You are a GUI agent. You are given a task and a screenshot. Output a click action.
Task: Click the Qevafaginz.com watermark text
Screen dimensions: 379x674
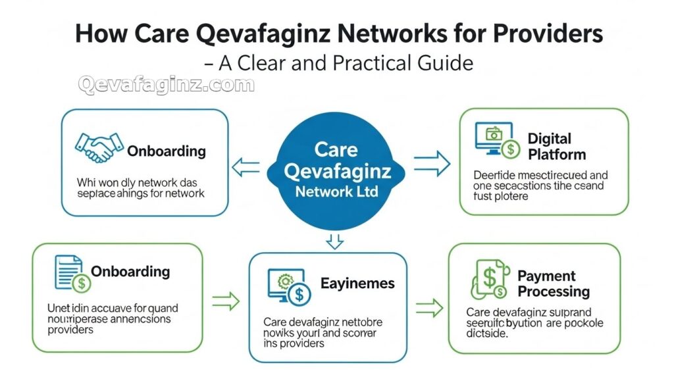click(x=165, y=85)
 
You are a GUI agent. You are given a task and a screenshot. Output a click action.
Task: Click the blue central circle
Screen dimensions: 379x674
click(x=335, y=171)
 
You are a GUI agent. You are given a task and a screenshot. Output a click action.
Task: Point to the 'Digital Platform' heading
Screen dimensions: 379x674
click(x=556, y=147)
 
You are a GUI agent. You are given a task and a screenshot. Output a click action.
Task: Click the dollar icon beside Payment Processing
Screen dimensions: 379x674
click(x=488, y=280)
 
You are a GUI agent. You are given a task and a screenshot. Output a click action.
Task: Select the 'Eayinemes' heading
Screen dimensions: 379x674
click(x=357, y=284)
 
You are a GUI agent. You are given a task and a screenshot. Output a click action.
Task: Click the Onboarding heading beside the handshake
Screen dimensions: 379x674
click(x=167, y=151)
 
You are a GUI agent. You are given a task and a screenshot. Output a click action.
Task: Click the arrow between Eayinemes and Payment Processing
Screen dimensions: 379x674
click(x=428, y=307)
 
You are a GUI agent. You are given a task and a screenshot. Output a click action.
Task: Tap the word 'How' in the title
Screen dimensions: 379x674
click(x=99, y=34)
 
